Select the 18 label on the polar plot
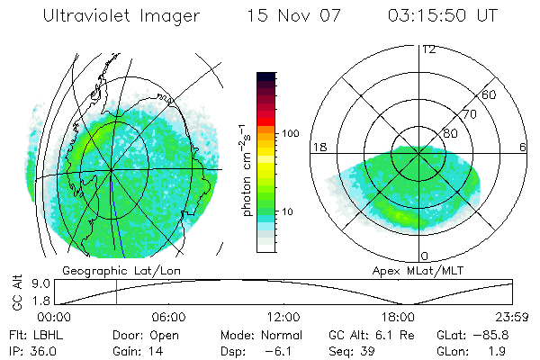pyautogui.click(x=318, y=147)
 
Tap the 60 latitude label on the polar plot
pyautogui.click(x=490, y=94)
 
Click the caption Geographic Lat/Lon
pyautogui.click(x=107, y=270)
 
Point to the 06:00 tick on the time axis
pyautogui.click(x=168, y=317)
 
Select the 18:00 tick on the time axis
pyautogui.click(x=398, y=317)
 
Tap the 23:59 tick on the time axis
pyautogui.click(x=511, y=317)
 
